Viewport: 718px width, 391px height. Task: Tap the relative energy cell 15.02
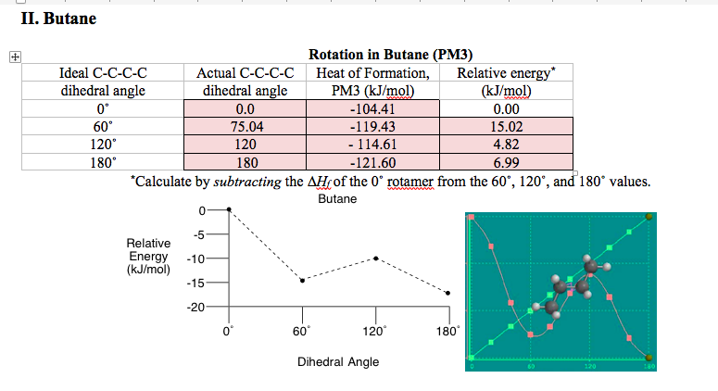(x=507, y=127)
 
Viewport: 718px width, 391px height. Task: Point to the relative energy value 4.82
(x=507, y=145)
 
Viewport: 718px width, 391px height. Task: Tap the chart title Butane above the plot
(x=337, y=199)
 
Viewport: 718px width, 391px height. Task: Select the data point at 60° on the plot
(x=302, y=280)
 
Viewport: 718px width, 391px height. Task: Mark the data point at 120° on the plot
(x=375, y=259)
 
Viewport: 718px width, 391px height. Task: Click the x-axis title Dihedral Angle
(x=337, y=361)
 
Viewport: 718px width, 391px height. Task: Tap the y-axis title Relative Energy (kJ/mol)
(x=148, y=256)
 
